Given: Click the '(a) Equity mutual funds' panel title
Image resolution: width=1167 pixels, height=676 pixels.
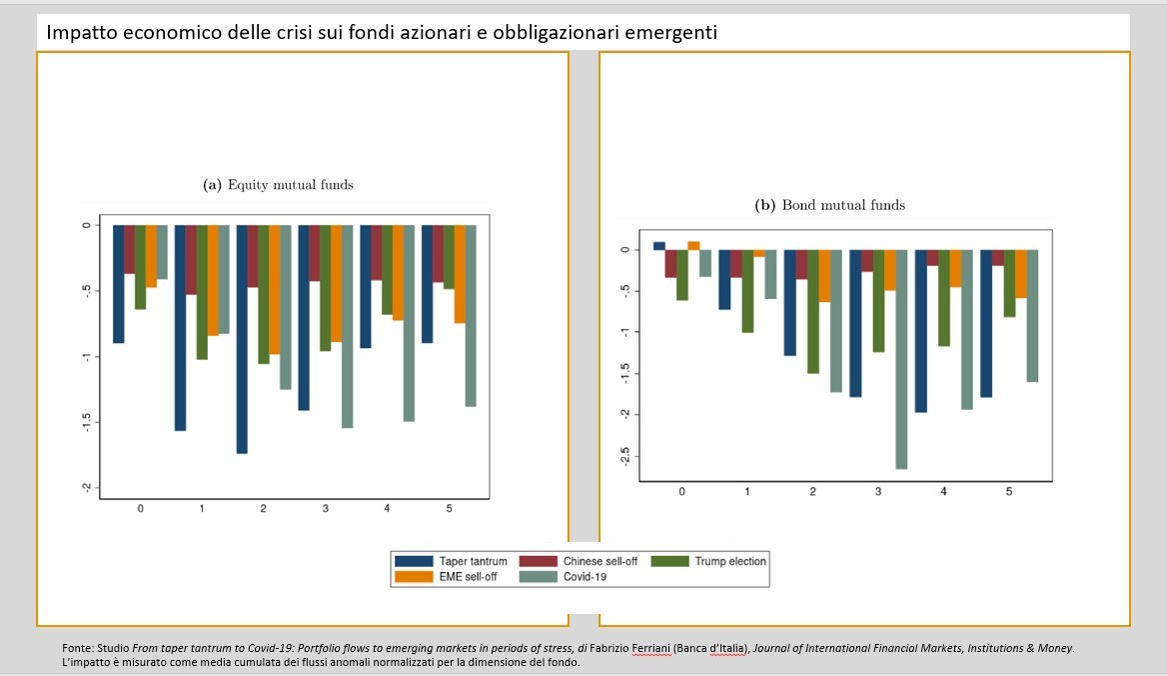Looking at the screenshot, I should (x=278, y=185).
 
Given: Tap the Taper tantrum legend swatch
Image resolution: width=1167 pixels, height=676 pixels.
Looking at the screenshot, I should (x=414, y=561).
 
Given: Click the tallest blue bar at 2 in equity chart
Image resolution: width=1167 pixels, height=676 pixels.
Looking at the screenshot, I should (x=242, y=339).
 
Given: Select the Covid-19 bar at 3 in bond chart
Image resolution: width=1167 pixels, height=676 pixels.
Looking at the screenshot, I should (x=902, y=359).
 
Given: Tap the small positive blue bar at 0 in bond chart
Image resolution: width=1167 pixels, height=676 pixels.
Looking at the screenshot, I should (x=658, y=245).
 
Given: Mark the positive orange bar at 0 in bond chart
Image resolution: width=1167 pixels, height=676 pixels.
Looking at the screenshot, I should (x=694, y=245).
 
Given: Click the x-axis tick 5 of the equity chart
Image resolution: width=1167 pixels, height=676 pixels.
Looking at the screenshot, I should (x=449, y=509).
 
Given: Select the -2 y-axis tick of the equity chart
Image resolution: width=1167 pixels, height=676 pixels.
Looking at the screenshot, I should (x=87, y=487).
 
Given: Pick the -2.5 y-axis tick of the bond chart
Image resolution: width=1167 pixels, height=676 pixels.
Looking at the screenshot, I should (x=624, y=456).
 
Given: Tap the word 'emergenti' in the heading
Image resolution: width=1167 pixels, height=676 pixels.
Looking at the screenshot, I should (x=668, y=32).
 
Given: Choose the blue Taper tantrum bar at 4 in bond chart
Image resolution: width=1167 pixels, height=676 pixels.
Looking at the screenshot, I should (x=920, y=331).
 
